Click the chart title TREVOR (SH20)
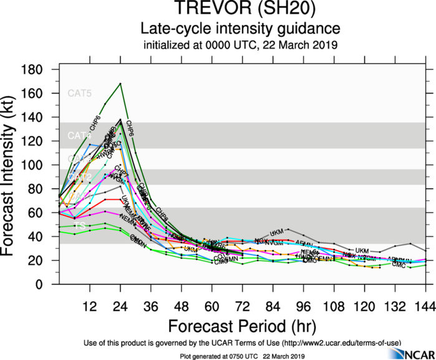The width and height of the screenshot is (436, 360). point(241,11)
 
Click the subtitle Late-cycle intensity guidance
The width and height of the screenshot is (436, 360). point(241,29)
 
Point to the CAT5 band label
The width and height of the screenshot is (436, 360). point(79,94)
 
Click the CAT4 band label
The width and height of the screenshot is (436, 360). point(79,135)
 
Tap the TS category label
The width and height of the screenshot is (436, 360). point(79,225)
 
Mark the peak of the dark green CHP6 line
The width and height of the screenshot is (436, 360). point(120,84)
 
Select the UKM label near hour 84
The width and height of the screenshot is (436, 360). point(278,231)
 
